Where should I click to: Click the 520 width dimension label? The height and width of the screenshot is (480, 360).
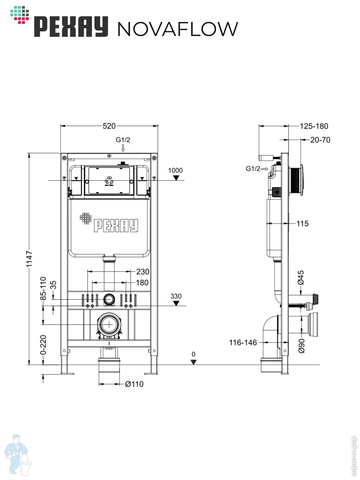point(109,126)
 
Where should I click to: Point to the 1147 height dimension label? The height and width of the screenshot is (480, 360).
point(29,259)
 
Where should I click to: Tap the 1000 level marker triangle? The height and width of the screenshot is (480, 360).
point(176,178)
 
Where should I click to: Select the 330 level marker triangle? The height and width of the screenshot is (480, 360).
point(176,303)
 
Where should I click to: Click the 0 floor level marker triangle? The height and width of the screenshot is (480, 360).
point(194,362)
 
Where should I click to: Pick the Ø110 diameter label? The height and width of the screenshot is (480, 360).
point(134,384)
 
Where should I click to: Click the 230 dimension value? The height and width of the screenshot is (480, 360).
point(143,272)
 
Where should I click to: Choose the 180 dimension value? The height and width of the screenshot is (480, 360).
point(142,283)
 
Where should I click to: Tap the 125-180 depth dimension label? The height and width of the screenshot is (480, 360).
point(314,126)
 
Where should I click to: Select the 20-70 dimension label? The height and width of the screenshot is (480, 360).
point(320,140)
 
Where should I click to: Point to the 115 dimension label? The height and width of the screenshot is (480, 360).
point(302,224)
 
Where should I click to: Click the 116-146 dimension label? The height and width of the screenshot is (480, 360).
point(243,342)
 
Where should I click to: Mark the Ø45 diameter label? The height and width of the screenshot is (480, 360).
point(301,278)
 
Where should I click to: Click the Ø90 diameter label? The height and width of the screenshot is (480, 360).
point(302,346)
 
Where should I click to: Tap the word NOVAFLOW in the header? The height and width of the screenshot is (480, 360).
point(178,29)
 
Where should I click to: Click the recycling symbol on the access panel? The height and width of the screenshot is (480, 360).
point(109,181)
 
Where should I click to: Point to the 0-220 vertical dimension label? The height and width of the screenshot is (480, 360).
point(44,345)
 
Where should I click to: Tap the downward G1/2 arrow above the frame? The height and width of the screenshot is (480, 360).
point(123,148)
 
